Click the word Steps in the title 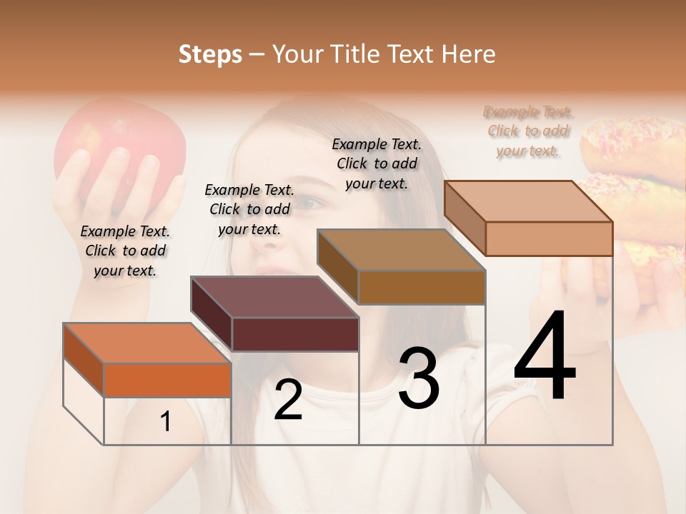(210, 54)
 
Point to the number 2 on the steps (288, 399)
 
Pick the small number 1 (166, 422)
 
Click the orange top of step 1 (147, 343)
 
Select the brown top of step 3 (402, 250)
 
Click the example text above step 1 (125, 251)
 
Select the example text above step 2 (249, 209)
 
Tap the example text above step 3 (377, 163)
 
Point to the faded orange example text (528, 131)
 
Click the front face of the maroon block (295, 334)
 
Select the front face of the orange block (167, 380)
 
